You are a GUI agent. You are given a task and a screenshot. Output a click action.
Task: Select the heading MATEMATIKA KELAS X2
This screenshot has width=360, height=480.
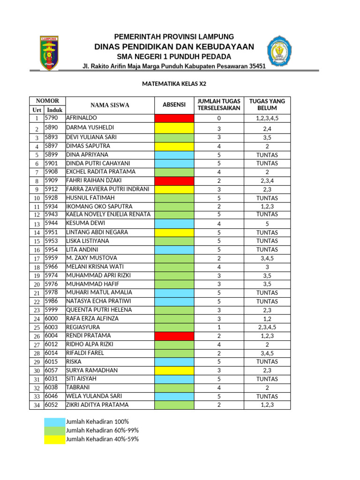pyautogui.click(x=174, y=84)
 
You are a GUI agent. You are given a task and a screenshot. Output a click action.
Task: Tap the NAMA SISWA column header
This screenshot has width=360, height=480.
pyautogui.click(x=110, y=105)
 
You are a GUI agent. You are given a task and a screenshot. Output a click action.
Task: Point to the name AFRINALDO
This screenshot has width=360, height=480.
pyautogui.click(x=82, y=118)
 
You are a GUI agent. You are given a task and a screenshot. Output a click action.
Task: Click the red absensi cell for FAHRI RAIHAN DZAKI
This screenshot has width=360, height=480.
pyautogui.click(x=174, y=180)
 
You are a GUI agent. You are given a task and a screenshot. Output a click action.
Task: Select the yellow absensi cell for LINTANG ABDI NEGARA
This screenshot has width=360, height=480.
pyautogui.click(x=174, y=232)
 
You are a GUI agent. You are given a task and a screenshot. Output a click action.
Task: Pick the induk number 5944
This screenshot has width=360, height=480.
pyautogui.click(x=51, y=223)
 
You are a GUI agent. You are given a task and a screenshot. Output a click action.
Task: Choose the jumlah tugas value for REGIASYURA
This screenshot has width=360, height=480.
pyautogui.click(x=219, y=327)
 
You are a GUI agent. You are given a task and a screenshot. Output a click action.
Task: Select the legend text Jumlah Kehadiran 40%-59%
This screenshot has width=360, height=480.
pyautogui.click(x=102, y=439)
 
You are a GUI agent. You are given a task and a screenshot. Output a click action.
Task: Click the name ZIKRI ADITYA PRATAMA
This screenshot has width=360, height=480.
pyautogui.click(x=97, y=405)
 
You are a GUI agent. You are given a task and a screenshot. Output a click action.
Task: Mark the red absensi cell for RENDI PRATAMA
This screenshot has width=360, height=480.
pyautogui.click(x=174, y=336)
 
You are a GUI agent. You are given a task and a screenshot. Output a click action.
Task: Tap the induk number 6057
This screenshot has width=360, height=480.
pyautogui.click(x=51, y=370)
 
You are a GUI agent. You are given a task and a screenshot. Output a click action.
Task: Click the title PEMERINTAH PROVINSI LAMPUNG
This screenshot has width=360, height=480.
pyautogui.click(x=174, y=37)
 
